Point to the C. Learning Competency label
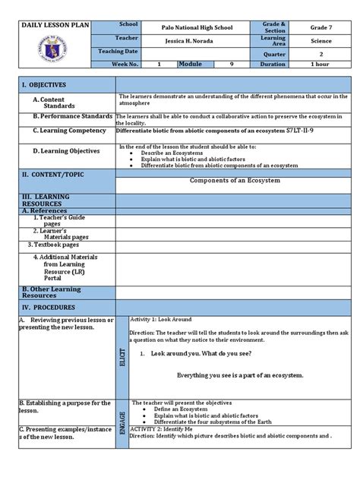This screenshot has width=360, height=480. coord(68,131)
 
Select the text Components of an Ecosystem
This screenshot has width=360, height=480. coord(234,181)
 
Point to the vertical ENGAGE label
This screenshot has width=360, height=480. coord(122,418)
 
